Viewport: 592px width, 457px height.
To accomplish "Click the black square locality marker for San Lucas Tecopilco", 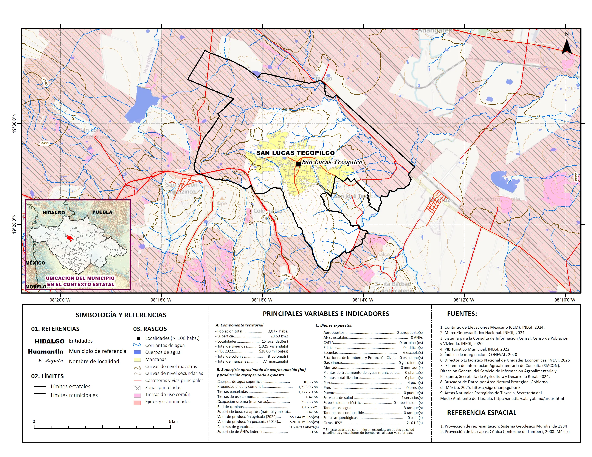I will click(x=298, y=164).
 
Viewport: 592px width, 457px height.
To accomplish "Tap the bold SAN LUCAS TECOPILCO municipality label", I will click(x=295, y=153).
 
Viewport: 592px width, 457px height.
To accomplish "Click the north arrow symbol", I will click(x=567, y=47).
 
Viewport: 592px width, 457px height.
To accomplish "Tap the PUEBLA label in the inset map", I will click(x=102, y=212).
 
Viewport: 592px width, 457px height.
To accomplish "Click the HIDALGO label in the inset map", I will click(x=54, y=212).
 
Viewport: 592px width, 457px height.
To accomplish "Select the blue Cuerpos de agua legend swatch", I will click(x=137, y=352).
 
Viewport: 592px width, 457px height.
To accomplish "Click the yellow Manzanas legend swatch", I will click(x=137, y=360).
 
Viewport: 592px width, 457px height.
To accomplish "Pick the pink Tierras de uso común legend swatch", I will click(x=137, y=395).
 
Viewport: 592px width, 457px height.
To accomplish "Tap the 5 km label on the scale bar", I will click(x=173, y=422).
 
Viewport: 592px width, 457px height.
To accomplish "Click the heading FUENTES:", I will click(x=462, y=314).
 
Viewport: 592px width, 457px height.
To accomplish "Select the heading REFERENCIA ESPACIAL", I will click(x=481, y=413).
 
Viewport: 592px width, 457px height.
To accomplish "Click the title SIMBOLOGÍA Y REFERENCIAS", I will click(x=121, y=315).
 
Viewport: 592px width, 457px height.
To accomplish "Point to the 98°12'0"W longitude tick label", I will click(x=464, y=300).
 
